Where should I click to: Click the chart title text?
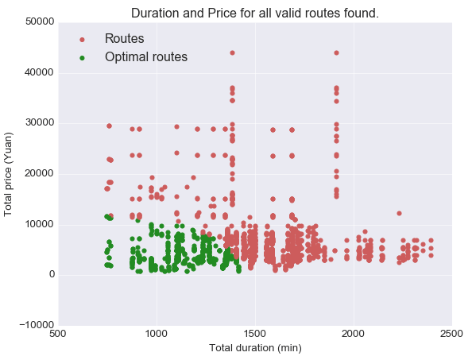254,14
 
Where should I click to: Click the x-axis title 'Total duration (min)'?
255,348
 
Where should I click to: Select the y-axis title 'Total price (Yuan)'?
7,174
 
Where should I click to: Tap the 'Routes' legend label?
124,38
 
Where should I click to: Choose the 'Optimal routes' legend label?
146,57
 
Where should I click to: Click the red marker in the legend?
82,40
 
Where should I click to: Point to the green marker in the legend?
82,58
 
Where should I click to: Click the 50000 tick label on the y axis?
40,21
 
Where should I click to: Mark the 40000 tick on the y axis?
40,72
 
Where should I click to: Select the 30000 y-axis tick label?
40,123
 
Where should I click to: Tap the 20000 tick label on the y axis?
40,173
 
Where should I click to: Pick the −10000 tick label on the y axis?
37,325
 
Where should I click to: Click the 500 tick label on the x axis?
58,334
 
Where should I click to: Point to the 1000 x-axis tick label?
157,334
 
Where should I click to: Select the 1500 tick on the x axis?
255,334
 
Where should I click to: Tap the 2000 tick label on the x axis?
354,334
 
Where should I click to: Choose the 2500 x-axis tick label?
451,334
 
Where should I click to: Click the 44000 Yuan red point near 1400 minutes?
232,53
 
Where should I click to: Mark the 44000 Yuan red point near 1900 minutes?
337,53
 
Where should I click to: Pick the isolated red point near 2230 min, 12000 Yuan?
399,214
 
